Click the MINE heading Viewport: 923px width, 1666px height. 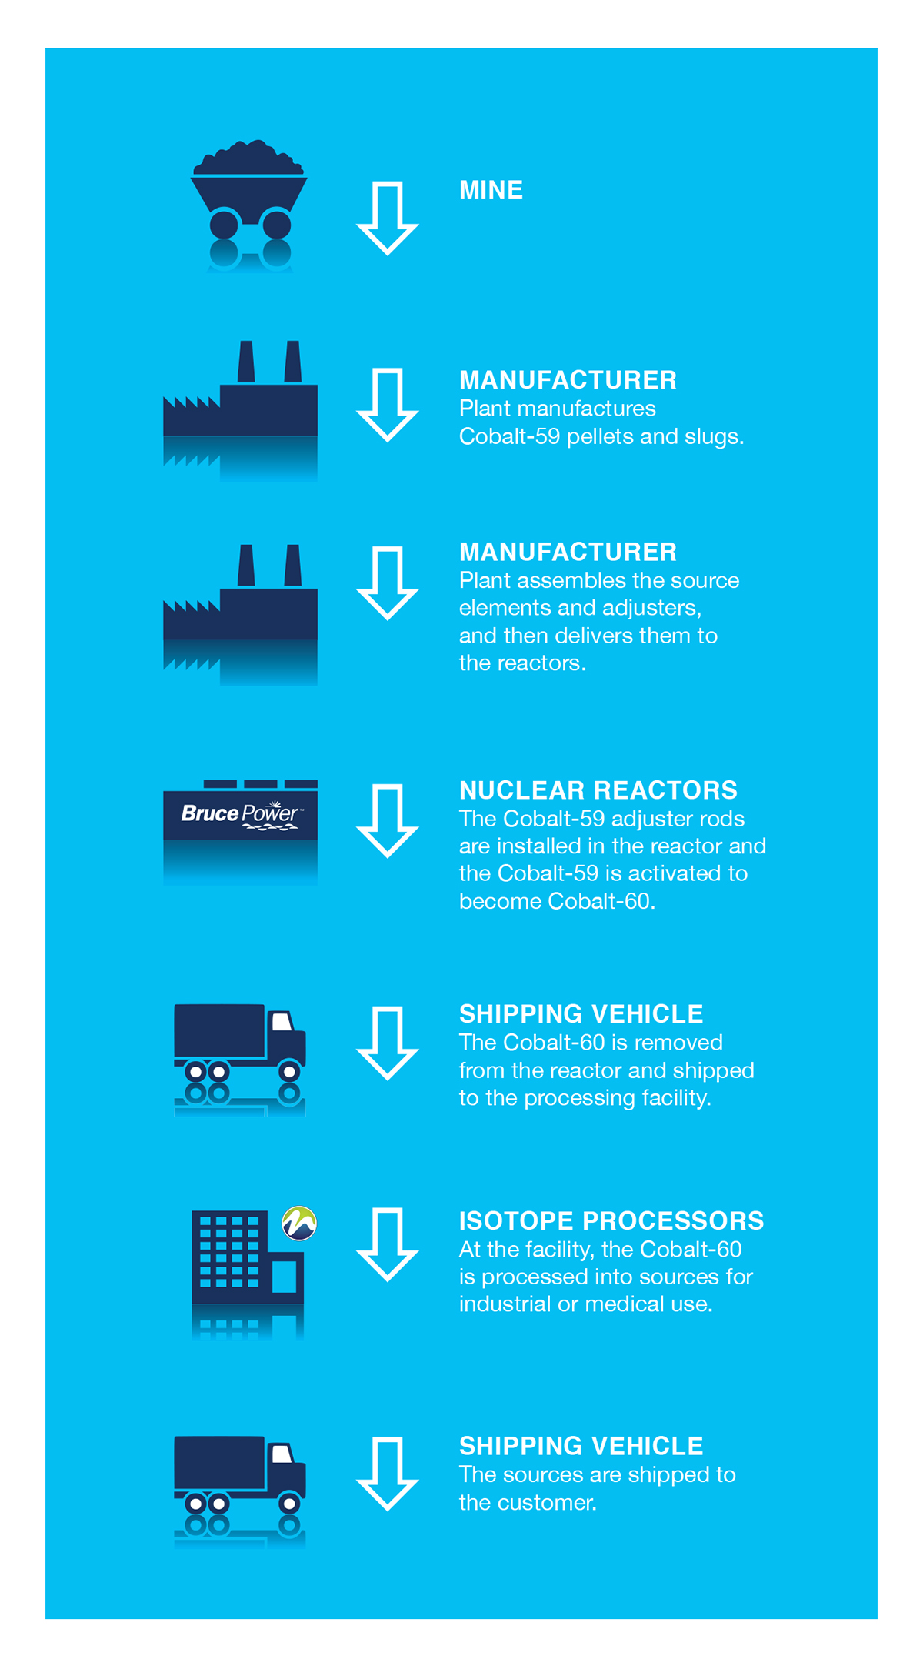pyautogui.click(x=491, y=190)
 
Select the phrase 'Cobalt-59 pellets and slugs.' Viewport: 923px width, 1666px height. pyautogui.click(x=601, y=436)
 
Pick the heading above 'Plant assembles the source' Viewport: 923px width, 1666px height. pyautogui.click(x=568, y=552)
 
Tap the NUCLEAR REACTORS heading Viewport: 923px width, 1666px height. pyautogui.click(x=598, y=790)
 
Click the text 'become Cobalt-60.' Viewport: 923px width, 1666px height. pyautogui.click(x=557, y=901)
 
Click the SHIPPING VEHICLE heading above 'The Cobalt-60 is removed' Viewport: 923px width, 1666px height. pyautogui.click(x=581, y=1014)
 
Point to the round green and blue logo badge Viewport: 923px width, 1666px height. pyautogui.click(x=299, y=1224)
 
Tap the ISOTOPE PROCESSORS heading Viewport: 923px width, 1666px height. pyautogui.click(x=611, y=1221)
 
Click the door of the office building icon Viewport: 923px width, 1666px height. pyautogui.click(x=285, y=1277)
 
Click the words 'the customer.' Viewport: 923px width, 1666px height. pyautogui.click(x=528, y=1503)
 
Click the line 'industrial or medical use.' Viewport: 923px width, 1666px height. pyautogui.click(x=586, y=1304)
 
